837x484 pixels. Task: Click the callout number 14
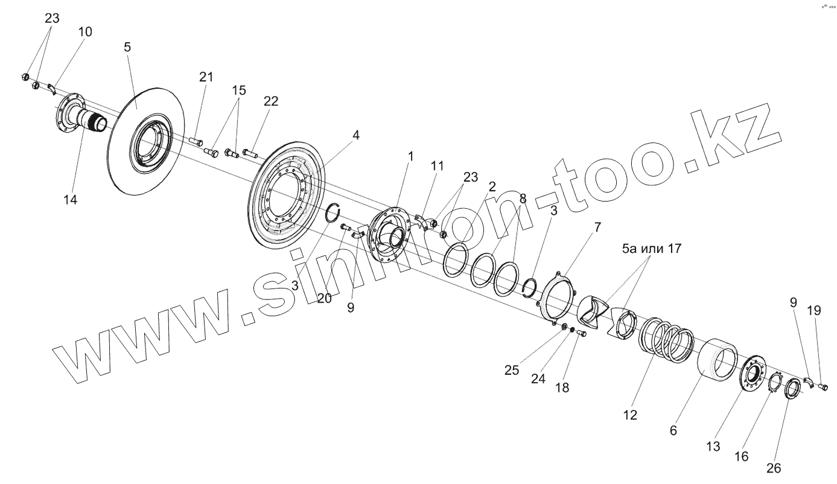71,199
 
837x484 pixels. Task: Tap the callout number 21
207,77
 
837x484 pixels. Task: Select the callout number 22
270,101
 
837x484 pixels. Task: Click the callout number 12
631,415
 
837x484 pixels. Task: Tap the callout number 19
814,311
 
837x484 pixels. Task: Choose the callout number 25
512,370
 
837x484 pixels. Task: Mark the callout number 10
86,32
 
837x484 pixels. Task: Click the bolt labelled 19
823,387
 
